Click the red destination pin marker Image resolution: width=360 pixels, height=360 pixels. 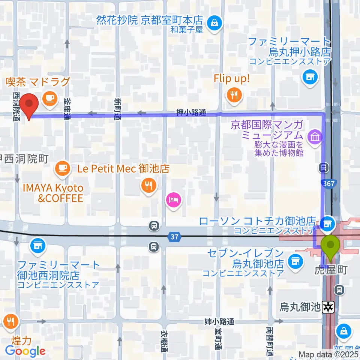29,105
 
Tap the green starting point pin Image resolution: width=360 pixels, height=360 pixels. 330,246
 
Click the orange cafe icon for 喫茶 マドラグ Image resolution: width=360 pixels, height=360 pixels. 49,98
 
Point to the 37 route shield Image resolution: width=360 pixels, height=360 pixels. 175,237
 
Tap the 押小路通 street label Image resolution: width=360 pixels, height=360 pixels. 192,113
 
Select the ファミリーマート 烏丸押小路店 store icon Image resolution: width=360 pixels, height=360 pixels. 309,77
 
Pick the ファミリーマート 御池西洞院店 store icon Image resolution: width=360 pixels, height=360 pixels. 39,246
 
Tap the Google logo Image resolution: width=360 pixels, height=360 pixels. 25,351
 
